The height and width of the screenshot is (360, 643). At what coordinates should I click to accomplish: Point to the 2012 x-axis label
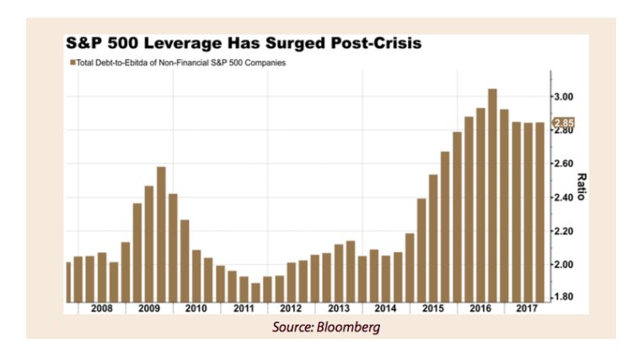click(291, 309)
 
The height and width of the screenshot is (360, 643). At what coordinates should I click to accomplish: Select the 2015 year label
click(433, 309)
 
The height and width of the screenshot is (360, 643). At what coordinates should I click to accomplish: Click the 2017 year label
click(528, 309)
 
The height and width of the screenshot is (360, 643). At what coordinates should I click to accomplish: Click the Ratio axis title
click(581, 185)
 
